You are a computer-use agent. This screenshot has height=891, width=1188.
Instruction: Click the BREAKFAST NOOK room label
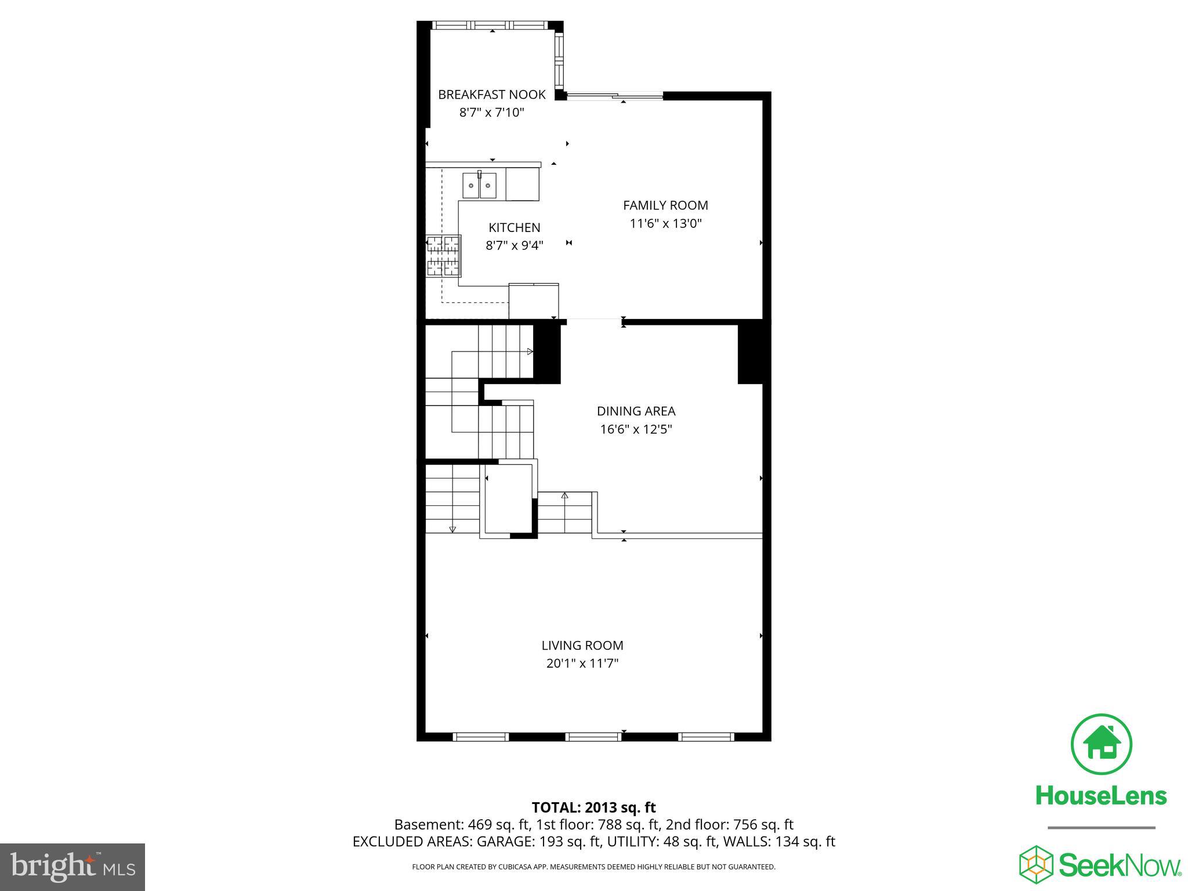coord(491,95)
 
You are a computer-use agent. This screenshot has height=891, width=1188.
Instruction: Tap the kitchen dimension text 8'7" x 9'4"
coord(514,245)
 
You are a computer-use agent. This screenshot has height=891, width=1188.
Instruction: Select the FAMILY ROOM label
coord(665,205)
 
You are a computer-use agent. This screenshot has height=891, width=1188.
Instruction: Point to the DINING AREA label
coord(636,411)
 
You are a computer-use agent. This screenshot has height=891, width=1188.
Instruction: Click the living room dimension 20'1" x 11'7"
coord(582,664)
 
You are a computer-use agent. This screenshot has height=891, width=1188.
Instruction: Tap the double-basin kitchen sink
coord(479,186)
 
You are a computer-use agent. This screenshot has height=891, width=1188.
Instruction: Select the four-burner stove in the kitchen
coord(444,256)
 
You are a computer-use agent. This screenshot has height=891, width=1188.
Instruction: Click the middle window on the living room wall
coord(593,737)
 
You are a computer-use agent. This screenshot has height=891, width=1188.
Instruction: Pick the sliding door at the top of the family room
coord(615,96)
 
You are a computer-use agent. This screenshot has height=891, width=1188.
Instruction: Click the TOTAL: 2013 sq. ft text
coord(593,807)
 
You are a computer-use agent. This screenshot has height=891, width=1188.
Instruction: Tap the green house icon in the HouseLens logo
coord(1101,745)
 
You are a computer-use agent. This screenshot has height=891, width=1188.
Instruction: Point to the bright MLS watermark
coord(73,868)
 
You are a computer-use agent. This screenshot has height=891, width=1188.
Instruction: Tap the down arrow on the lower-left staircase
coord(452,528)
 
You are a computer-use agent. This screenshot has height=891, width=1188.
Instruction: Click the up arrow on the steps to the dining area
coord(564,495)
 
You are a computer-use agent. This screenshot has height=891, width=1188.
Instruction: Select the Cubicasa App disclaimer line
coord(593,867)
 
